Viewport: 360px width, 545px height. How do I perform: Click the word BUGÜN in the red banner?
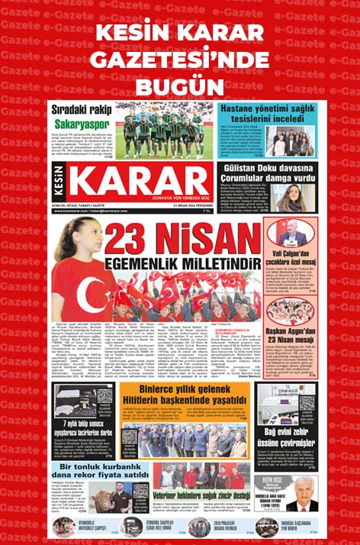click(180, 82)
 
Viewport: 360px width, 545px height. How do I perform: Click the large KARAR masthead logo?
click(144, 189)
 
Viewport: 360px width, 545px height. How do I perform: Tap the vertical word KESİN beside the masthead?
click(62, 188)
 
